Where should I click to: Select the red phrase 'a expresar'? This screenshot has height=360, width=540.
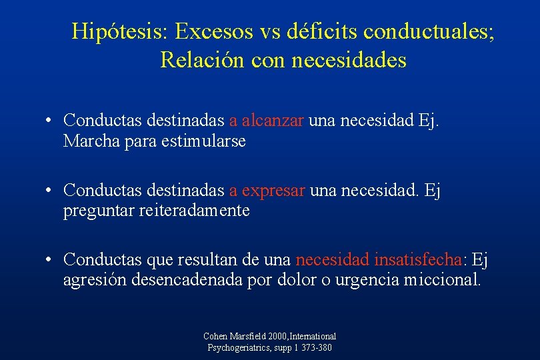267,191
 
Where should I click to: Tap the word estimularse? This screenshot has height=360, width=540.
203,141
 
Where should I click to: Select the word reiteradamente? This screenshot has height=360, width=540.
199,211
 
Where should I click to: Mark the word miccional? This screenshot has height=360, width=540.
441,279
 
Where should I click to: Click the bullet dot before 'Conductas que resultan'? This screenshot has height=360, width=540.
49,259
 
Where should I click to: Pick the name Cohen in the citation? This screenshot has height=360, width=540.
216,337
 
